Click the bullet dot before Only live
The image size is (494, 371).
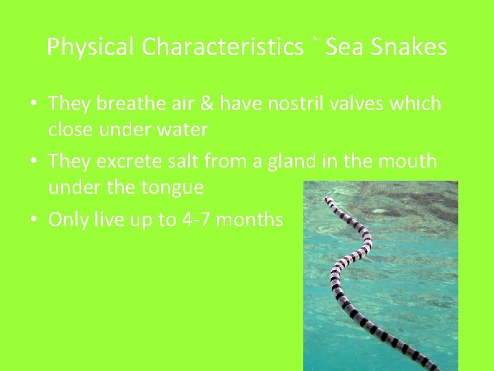[x=34, y=221]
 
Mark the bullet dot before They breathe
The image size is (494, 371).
[x=34, y=105]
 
